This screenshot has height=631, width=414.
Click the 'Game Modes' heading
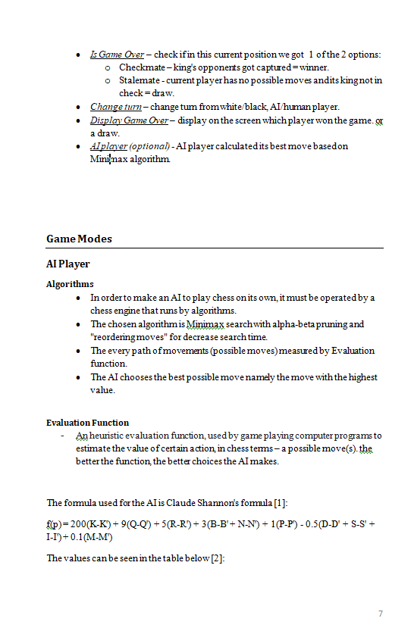click(x=79, y=239)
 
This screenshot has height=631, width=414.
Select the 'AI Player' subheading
click(x=67, y=264)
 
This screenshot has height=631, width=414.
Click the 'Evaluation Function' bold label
click(x=87, y=423)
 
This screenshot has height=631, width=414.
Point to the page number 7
click(x=381, y=613)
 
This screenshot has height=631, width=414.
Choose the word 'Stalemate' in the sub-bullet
click(x=141, y=80)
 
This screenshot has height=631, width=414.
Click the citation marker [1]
click(x=281, y=503)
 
